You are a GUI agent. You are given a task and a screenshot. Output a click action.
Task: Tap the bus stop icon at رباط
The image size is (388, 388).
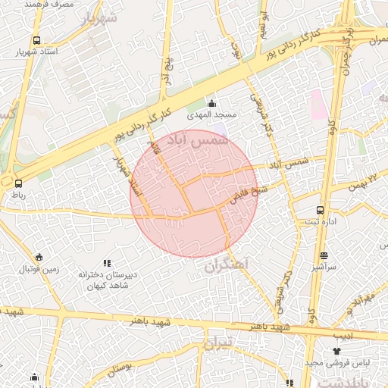[18, 183]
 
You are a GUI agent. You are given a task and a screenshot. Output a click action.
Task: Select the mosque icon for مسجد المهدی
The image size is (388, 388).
[211, 103]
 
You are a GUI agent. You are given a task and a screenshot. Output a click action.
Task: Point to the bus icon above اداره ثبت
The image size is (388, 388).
[319, 210]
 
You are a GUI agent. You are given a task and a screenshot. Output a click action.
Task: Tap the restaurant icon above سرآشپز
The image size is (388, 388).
[324, 255]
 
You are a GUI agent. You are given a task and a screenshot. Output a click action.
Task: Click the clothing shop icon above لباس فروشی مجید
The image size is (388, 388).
[337, 351]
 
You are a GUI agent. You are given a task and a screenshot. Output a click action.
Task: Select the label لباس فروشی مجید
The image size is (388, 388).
[337, 363]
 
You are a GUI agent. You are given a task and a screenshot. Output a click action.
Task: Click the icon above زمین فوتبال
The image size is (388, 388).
[39, 257]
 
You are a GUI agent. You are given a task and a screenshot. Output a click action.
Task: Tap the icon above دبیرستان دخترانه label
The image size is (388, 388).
[107, 262]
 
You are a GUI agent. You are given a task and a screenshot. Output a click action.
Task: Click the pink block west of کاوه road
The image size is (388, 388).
[316, 103]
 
